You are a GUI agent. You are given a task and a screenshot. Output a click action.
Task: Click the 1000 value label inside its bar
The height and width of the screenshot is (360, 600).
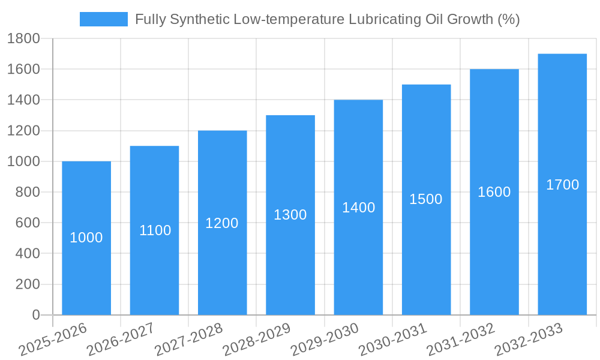86,238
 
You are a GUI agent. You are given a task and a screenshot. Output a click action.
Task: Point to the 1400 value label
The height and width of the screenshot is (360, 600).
358,208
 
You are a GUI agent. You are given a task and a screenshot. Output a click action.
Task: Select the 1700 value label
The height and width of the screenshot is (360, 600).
562,185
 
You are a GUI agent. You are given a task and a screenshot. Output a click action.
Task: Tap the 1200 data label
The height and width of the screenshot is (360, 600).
222,223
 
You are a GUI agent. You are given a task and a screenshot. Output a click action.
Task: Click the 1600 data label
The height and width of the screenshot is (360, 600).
494,192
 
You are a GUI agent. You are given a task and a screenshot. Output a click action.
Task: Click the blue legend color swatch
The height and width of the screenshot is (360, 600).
104,19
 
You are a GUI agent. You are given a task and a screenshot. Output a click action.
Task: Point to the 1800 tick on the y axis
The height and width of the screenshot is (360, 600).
23,39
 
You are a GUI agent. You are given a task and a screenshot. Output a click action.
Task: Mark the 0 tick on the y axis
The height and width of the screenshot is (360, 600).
35,315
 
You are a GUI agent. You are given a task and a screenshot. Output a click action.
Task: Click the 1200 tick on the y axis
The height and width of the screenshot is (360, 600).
23,131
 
